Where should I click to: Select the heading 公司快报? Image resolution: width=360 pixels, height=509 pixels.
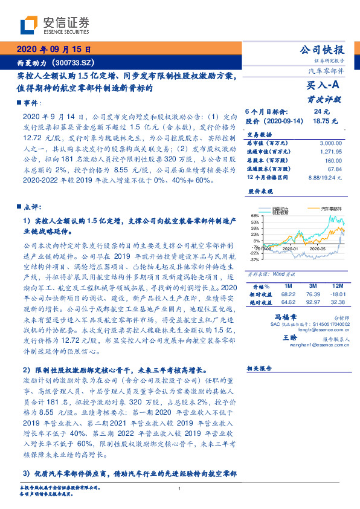322,50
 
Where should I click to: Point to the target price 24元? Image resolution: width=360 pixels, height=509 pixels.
321,112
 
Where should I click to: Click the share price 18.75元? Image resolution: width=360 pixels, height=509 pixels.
322,121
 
